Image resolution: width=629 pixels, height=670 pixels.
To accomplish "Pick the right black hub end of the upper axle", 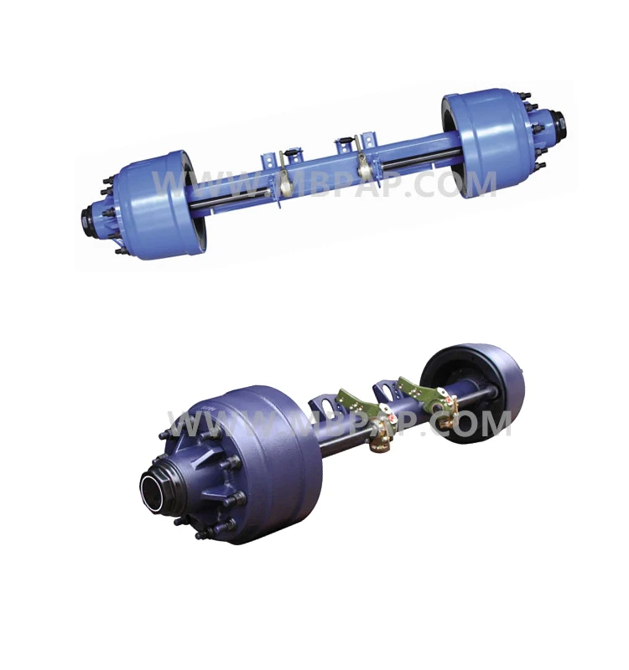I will tap(557, 128).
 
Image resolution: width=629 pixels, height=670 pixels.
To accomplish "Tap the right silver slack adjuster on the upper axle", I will tap(366, 162).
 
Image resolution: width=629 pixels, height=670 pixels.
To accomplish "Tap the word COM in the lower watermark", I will tap(473, 425).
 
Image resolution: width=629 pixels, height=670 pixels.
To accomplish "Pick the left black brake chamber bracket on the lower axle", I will tap(324, 410).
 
